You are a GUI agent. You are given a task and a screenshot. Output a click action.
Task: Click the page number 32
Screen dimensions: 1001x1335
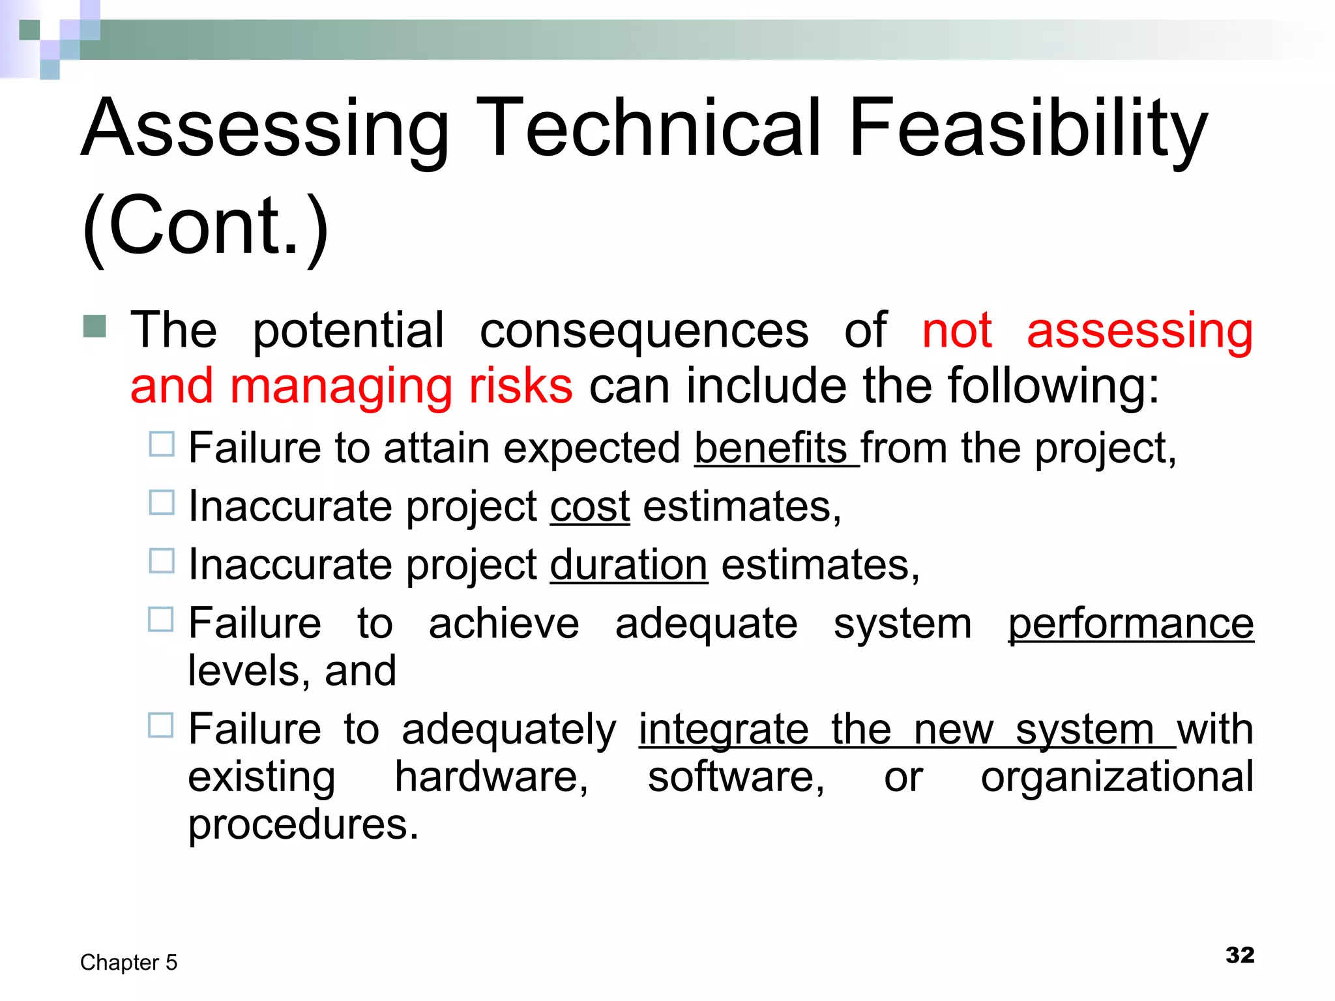coord(1239,955)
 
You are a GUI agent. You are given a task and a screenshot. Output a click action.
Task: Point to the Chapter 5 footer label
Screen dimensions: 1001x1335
coord(128,963)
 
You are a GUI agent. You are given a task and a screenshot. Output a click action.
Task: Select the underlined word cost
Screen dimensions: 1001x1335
coord(590,506)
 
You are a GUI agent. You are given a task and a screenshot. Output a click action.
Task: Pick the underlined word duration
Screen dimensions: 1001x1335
coord(628,564)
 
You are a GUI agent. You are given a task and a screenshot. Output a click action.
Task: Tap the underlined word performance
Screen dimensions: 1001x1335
coord(1130,624)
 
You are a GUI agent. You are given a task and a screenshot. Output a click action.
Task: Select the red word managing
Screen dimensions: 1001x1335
coord(341,386)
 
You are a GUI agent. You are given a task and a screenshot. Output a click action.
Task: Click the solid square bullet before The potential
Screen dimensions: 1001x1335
coord(95,326)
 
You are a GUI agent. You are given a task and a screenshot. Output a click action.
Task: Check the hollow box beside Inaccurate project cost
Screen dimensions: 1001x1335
coord(162,502)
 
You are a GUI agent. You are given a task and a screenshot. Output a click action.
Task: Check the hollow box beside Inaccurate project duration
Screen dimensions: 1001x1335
coord(162,560)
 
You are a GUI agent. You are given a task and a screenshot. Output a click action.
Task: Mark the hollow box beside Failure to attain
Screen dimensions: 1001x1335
coord(162,444)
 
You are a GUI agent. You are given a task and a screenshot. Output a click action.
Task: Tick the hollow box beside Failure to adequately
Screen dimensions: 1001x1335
coord(161,725)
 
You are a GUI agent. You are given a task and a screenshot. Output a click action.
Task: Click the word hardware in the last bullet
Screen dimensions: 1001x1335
coord(491,777)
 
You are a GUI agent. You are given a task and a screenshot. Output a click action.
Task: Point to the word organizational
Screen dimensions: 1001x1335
coord(1117,777)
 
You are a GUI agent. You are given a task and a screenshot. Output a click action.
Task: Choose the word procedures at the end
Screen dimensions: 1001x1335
coord(302,825)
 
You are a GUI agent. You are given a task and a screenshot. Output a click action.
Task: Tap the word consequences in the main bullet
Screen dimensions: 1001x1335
coord(644,330)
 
